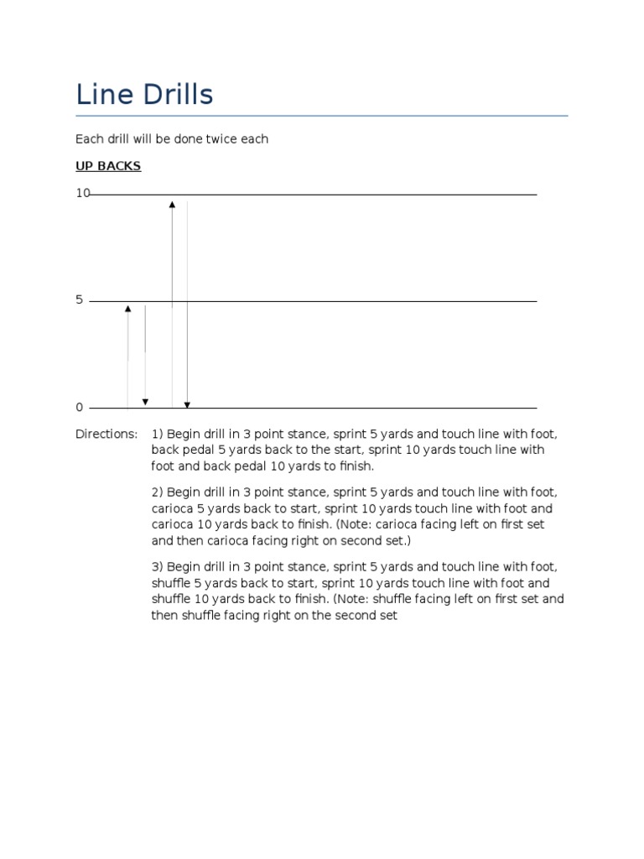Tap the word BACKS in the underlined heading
tap(120, 166)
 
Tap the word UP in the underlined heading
tap(85, 166)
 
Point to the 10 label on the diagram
tap(82, 193)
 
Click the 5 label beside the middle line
tap(80, 299)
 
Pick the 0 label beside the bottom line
tap(80, 408)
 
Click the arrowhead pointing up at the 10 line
tap(172, 204)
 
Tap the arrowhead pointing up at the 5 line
tap(127, 310)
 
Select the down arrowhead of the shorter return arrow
tap(145, 403)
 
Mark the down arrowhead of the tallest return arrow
tap(187, 405)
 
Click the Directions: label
tap(106, 435)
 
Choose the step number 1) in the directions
tap(157, 435)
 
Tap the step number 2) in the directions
tap(157, 492)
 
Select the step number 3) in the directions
tap(157, 567)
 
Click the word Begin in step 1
tap(184, 435)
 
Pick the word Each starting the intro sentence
tap(89, 139)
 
